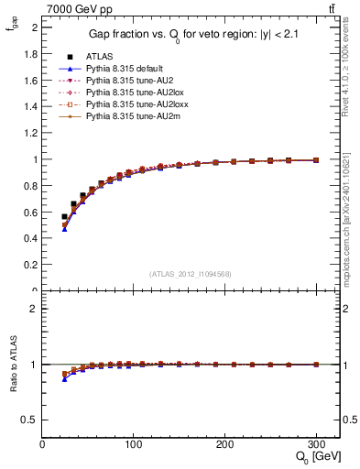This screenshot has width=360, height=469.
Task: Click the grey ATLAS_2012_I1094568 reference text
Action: [191, 274]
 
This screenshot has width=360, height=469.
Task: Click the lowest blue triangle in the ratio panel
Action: [64, 378]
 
